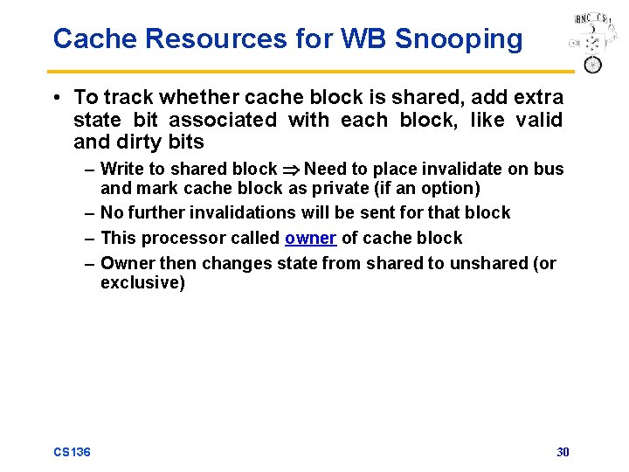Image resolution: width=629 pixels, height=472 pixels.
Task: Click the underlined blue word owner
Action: click(310, 239)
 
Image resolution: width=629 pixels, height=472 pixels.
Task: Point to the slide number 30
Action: click(563, 452)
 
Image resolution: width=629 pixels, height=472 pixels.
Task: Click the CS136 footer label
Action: click(72, 452)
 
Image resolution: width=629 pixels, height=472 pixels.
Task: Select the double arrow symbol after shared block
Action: click(290, 170)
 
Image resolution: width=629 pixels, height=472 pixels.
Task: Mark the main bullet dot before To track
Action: click(57, 97)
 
